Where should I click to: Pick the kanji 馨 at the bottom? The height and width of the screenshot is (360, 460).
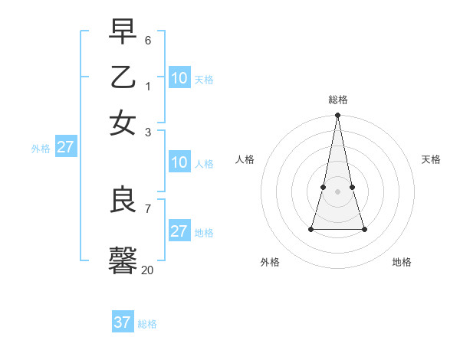(123, 260)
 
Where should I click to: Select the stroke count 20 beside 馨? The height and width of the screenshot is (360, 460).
(147, 270)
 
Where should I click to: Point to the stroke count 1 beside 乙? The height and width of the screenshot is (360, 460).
(148, 86)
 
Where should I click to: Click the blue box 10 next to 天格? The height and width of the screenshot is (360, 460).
(179, 77)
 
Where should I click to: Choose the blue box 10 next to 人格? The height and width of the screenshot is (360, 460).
(179, 162)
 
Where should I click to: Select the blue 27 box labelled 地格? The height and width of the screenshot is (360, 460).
(179, 231)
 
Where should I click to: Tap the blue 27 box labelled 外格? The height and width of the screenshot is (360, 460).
(66, 147)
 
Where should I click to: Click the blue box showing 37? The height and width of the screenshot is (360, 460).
(123, 322)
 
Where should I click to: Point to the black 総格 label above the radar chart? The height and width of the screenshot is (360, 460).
(338, 100)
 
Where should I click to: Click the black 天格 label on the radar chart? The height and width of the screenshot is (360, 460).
(431, 159)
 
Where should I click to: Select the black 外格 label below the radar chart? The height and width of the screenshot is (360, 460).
(270, 262)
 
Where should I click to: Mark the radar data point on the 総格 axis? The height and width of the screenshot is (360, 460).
(338, 116)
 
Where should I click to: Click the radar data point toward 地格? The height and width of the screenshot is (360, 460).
(364, 229)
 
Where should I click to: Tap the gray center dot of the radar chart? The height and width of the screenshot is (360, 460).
(338, 191)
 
